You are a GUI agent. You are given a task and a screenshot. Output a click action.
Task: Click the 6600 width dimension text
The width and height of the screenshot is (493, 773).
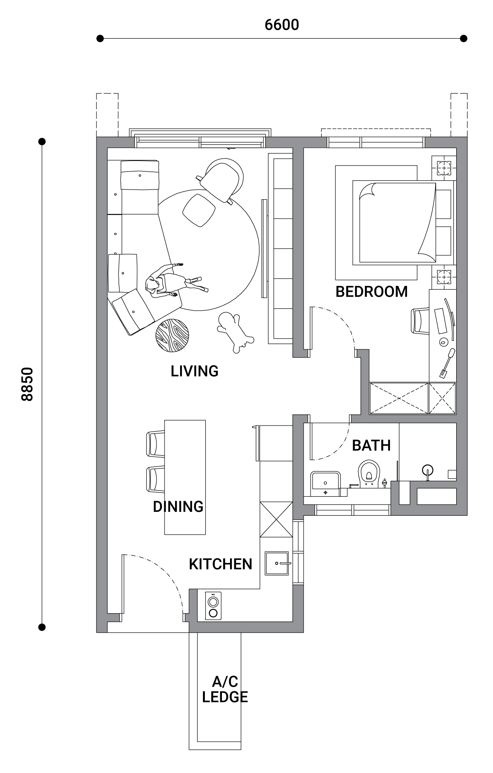[282, 25]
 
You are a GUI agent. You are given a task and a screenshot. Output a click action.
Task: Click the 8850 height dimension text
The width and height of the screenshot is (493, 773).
[27, 384]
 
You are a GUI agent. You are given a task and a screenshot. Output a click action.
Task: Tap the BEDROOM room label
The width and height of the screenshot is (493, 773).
[371, 291]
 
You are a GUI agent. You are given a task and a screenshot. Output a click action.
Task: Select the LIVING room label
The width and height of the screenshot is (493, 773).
[194, 371]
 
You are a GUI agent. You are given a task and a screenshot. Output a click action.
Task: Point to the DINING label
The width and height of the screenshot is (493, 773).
[178, 506]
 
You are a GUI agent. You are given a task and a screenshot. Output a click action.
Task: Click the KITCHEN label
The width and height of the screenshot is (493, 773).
[220, 564]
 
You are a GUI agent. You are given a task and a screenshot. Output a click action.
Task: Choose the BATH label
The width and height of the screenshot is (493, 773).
[371, 445]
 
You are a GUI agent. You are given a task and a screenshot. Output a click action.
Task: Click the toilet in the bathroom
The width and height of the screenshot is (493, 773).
[369, 473]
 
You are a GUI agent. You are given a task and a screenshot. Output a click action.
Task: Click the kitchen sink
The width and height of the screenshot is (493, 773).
[277, 563]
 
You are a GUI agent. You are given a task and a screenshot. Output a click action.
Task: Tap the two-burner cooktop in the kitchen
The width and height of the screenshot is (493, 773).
[213, 606]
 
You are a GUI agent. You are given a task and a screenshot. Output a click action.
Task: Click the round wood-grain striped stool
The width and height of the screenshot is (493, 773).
[172, 335]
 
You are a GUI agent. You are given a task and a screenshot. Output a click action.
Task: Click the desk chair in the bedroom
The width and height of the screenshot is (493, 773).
[420, 320]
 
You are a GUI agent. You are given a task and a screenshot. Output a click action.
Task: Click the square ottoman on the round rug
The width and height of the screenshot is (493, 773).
[199, 210]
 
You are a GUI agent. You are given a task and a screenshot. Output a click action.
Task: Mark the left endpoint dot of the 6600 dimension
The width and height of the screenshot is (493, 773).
[100, 38]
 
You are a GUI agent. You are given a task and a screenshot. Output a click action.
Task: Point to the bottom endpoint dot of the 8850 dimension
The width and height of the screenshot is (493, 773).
[42, 627]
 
